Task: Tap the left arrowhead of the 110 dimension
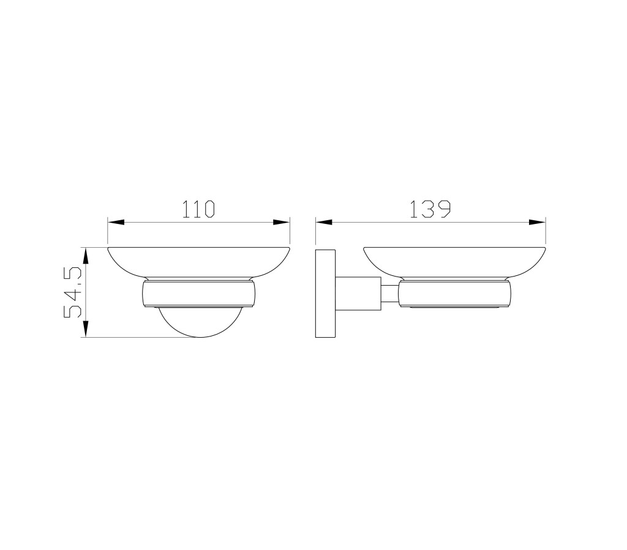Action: pyautogui.click(x=116, y=223)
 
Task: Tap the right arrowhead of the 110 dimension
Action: pyautogui.click(x=281, y=223)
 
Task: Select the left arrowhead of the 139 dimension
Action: pyautogui.click(x=325, y=223)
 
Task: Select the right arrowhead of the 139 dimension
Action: pyautogui.click(x=537, y=223)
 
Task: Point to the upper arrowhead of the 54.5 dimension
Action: pyautogui.click(x=85, y=256)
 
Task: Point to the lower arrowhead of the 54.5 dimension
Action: pyautogui.click(x=85, y=329)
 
